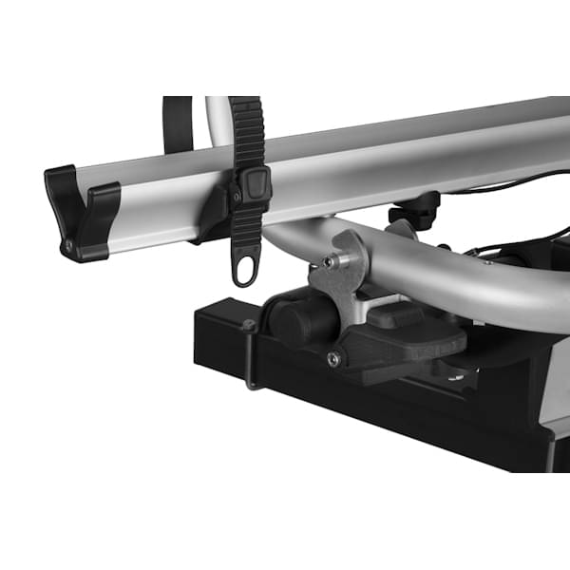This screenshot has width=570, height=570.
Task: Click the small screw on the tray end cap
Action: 68,246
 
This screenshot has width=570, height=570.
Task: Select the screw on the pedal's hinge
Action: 332,358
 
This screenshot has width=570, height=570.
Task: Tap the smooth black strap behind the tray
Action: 177,123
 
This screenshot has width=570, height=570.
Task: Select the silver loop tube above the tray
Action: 218,118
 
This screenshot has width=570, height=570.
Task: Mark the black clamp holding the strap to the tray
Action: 215,214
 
